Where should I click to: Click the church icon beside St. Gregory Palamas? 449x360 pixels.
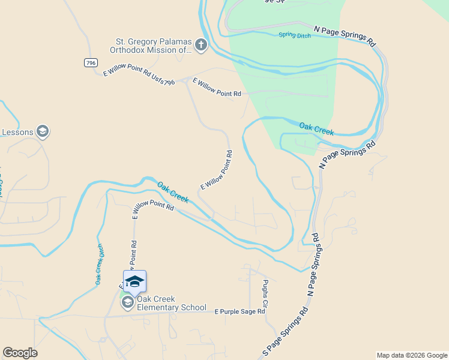coord(201,44)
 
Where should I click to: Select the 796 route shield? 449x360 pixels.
coord(90,62)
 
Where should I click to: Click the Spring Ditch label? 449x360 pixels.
coord(295,35)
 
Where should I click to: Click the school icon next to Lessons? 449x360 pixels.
coord(42,131)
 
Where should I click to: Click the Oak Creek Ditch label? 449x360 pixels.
coord(99,263)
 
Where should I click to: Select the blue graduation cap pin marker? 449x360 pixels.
coord(134,281)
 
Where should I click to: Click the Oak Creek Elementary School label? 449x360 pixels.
coord(171,304)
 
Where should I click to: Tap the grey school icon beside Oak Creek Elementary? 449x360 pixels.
coord(127,303)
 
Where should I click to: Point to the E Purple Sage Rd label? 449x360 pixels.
coord(240,311)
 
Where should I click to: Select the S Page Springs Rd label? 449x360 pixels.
coord(286,331)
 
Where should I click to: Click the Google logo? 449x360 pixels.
coord(20,353)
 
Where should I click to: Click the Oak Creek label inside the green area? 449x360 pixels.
coord(316,128)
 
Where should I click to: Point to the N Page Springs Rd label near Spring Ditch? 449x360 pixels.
coord(345,36)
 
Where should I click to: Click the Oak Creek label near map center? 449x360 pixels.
coord(173,192)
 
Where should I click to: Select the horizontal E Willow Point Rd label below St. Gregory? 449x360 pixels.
coord(216,94)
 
